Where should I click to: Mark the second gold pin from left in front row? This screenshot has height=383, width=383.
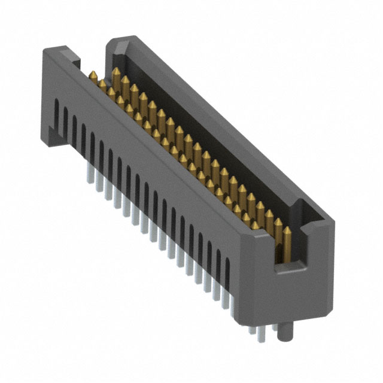click(x=102, y=84)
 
